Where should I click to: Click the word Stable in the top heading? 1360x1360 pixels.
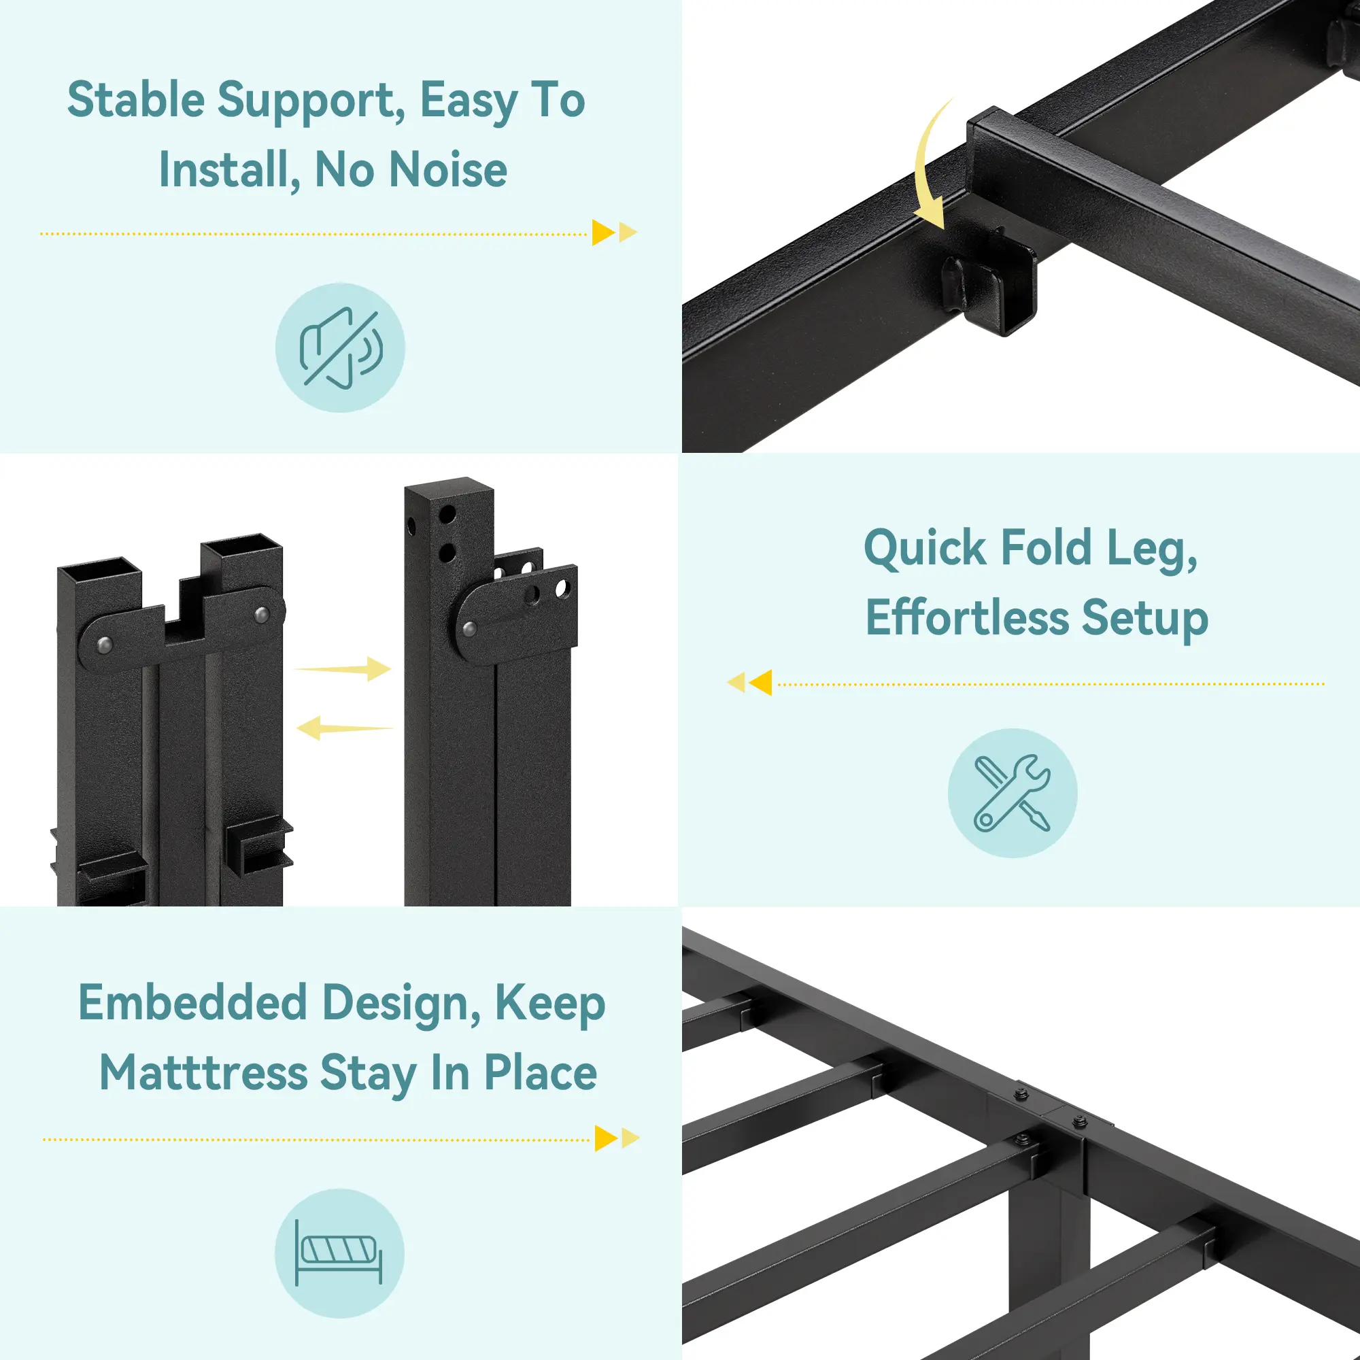pos(136,100)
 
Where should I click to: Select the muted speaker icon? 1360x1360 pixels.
pos(341,347)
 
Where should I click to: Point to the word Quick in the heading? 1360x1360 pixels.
pos(925,548)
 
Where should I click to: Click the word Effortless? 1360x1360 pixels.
pos(967,618)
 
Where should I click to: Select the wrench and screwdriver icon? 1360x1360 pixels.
pos(1013,793)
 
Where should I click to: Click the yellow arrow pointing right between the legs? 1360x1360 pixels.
pos(343,668)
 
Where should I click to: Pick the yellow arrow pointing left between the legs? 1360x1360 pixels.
pos(344,728)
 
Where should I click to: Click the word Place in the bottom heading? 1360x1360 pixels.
pos(541,1074)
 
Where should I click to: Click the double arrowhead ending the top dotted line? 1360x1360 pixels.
pos(615,233)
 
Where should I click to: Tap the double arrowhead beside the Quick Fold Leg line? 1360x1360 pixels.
pos(749,682)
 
